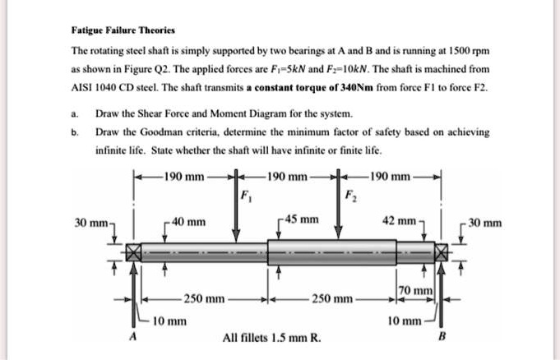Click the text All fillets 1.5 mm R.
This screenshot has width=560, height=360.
tap(273, 337)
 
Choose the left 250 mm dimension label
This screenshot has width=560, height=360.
tap(204, 299)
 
